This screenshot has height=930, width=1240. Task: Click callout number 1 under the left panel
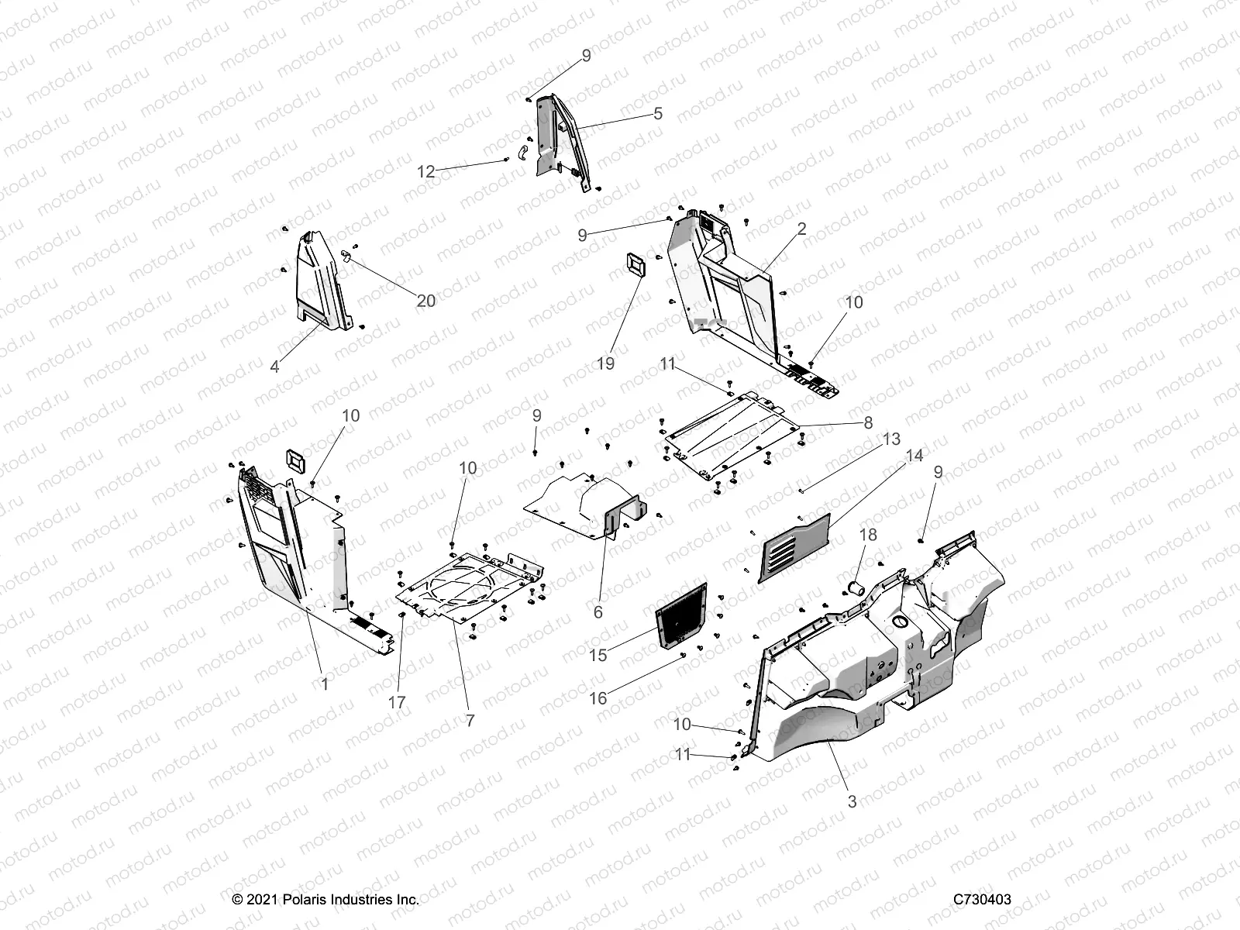pyautogui.click(x=325, y=684)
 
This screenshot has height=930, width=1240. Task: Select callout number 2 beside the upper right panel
pyautogui.click(x=802, y=229)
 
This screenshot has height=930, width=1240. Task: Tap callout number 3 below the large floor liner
pyautogui.click(x=852, y=801)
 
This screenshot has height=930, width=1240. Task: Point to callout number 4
pyautogui.click(x=274, y=366)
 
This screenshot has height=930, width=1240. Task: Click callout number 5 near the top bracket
pyautogui.click(x=658, y=114)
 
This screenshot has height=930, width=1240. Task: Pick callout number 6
pyautogui.click(x=598, y=611)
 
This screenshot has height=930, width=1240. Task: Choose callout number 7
pyautogui.click(x=470, y=720)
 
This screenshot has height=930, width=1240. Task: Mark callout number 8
pyautogui.click(x=868, y=422)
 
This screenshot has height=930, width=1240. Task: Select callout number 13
pyautogui.click(x=891, y=439)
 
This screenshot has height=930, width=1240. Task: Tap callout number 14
pyautogui.click(x=914, y=456)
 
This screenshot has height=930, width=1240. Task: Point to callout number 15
pyautogui.click(x=598, y=655)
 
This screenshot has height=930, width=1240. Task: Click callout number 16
pyautogui.click(x=598, y=698)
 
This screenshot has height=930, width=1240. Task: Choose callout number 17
pyautogui.click(x=397, y=702)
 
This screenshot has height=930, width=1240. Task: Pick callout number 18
pyautogui.click(x=868, y=535)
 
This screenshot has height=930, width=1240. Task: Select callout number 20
pyautogui.click(x=426, y=301)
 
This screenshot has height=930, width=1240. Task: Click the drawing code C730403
pyautogui.click(x=983, y=900)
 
